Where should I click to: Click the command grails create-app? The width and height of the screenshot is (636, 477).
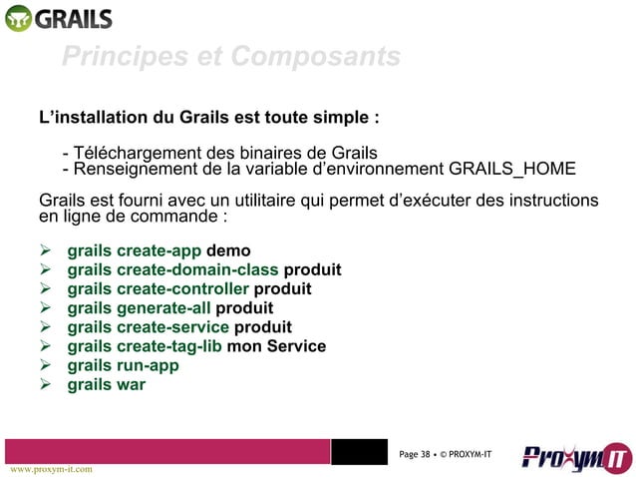(134, 250)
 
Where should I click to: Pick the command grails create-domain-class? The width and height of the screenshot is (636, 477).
(173, 270)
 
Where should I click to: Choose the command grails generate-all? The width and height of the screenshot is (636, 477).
(139, 308)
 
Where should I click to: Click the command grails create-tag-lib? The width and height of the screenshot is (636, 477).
(145, 346)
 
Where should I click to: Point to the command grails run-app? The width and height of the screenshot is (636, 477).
(123, 365)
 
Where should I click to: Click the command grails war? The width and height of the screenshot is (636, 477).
(106, 384)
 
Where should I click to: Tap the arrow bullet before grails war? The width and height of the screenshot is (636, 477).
(45, 384)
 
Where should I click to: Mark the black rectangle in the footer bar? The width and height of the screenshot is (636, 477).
(358, 451)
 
